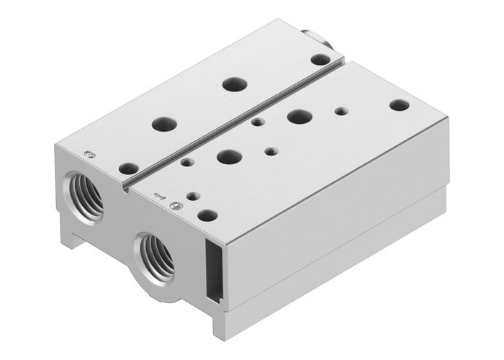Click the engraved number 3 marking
(89, 153)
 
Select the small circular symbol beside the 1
(173, 207)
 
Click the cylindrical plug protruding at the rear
(318, 37)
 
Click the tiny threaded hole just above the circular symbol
(191, 195)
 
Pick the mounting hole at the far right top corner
(399, 105)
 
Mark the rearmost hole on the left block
(320, 59)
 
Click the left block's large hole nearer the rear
(232, 84)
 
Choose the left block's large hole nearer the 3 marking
(164, 124)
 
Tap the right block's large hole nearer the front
(229, 156)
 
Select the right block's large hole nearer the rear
(297, 115)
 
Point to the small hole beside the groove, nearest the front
(187, 163)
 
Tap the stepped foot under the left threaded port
(72, 238)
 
